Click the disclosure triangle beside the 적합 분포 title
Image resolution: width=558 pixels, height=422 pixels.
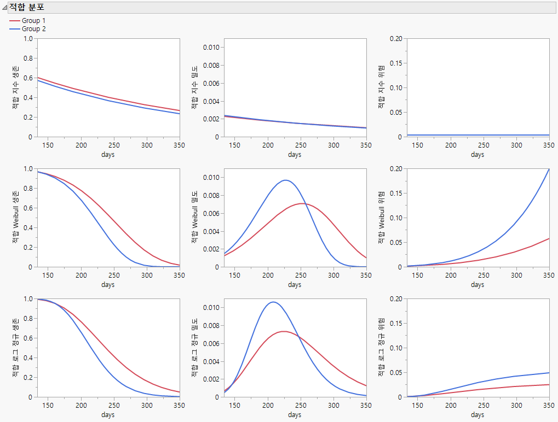point(5,8)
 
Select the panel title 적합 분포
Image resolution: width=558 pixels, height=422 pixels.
point(27,8)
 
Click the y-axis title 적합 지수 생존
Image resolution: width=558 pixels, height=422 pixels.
point(16,87)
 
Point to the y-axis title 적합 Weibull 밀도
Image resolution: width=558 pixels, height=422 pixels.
point(194,218)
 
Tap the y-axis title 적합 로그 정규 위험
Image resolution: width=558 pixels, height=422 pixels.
point(381,348)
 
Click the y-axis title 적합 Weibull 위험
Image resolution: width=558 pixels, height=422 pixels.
point(381,218)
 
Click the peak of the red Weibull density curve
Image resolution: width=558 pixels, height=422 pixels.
point(303,203)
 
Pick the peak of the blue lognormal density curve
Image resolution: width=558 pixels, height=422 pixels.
point(273,302)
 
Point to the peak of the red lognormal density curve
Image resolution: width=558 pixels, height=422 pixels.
point(285,331)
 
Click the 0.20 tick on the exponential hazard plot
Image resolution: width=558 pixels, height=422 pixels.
point(396,38)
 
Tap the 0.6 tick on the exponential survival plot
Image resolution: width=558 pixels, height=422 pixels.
point(27,78)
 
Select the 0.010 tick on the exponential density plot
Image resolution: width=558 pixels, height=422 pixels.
point(211,47)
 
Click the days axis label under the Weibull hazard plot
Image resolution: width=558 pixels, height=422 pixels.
point(478,285)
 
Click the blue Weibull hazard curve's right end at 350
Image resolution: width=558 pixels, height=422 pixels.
point(549,169)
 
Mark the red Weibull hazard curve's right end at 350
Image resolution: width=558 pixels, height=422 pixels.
point(549,238)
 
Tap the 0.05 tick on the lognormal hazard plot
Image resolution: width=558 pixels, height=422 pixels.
point(396,372)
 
